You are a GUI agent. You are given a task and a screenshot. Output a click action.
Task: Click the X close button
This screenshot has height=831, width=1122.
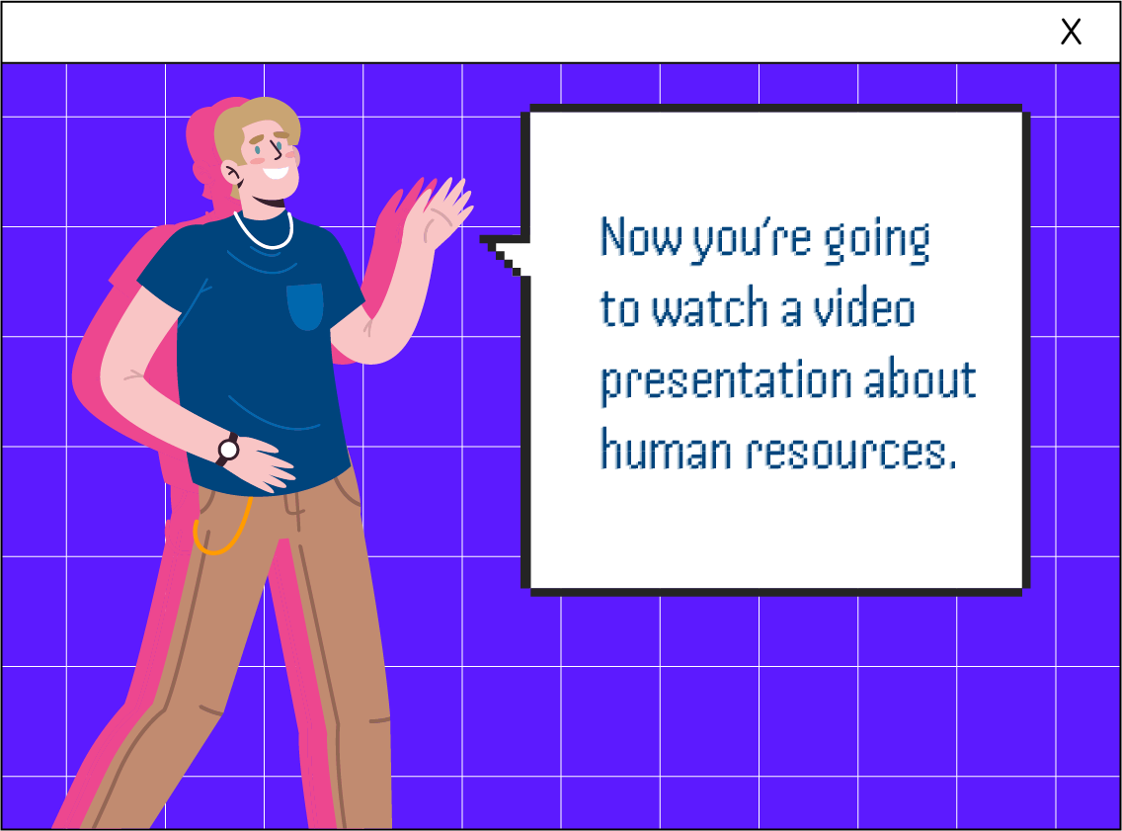coord(1071,32)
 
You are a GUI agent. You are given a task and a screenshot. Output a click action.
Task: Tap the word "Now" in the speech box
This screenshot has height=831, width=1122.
coord(640,237)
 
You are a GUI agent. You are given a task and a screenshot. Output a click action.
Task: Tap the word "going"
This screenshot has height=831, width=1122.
coord(877,241)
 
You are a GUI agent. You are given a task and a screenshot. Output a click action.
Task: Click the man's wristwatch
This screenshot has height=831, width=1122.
coord(228,450)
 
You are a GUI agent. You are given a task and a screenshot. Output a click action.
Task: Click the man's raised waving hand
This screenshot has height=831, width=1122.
coord(439,211)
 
